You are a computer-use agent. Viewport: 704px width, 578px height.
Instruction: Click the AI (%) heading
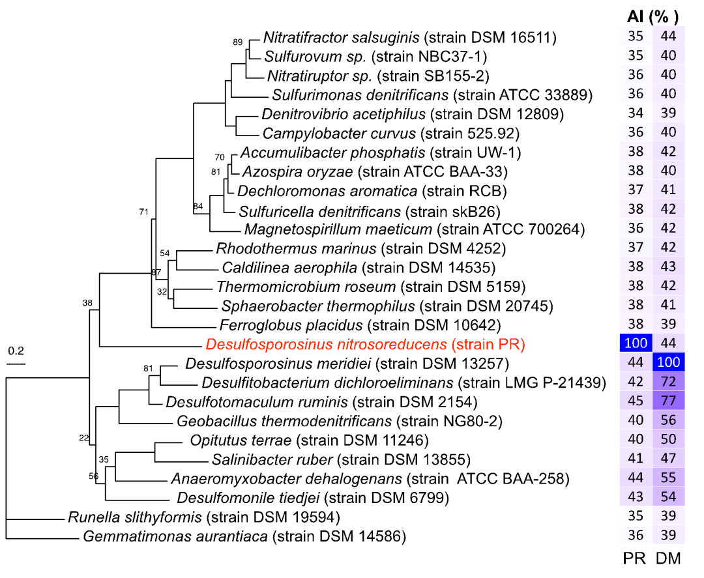(653, 16)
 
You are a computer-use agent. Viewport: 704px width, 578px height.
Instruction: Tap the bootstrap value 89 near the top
(238, 42)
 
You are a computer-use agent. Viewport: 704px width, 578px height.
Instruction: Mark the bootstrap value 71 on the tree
(144, 212)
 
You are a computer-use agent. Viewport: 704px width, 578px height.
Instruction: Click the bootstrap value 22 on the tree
(83, 437)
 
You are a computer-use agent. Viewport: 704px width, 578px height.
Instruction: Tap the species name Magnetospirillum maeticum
(338, 229)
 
